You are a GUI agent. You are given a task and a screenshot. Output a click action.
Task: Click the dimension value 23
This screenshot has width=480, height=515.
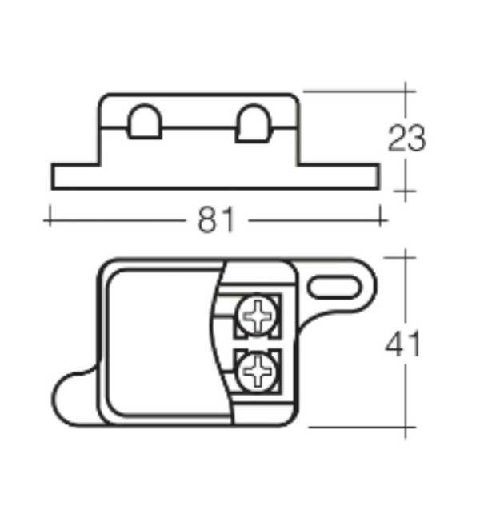click(406, 139)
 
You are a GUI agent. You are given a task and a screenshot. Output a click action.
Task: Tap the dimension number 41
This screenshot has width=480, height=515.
click(403, 344)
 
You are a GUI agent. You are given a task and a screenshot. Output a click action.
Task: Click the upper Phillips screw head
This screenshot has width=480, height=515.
click(259, 317)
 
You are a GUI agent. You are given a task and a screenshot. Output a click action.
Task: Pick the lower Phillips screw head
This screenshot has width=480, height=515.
click(259, 371)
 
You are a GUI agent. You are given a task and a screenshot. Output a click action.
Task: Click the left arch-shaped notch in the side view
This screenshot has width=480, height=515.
click(144, 123)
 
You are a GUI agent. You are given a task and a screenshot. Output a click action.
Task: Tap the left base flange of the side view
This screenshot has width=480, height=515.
click(76, 177)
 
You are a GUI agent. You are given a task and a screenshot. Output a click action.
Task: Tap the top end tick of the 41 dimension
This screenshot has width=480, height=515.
click(406, 259)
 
